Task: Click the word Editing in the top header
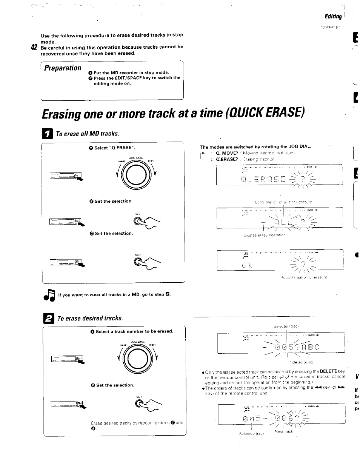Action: [333, 16]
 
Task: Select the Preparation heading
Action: [63, 68]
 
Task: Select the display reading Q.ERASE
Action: [279, 176]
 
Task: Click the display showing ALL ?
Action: [279, 219]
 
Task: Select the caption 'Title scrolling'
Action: [301, 362]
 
